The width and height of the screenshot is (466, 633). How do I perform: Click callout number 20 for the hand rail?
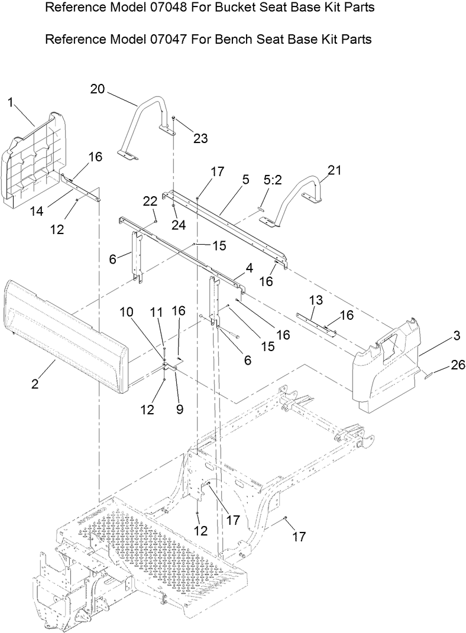point(98,89)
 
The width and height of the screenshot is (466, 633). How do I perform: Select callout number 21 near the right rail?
point(335,170)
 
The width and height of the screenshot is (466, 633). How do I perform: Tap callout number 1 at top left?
point(11,102)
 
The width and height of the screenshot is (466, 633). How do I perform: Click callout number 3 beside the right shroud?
point(456,336)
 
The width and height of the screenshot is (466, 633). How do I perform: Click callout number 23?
point(200,138)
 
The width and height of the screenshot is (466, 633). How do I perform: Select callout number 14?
point(37,210)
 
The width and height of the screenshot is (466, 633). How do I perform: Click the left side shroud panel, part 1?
point(33,160)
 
